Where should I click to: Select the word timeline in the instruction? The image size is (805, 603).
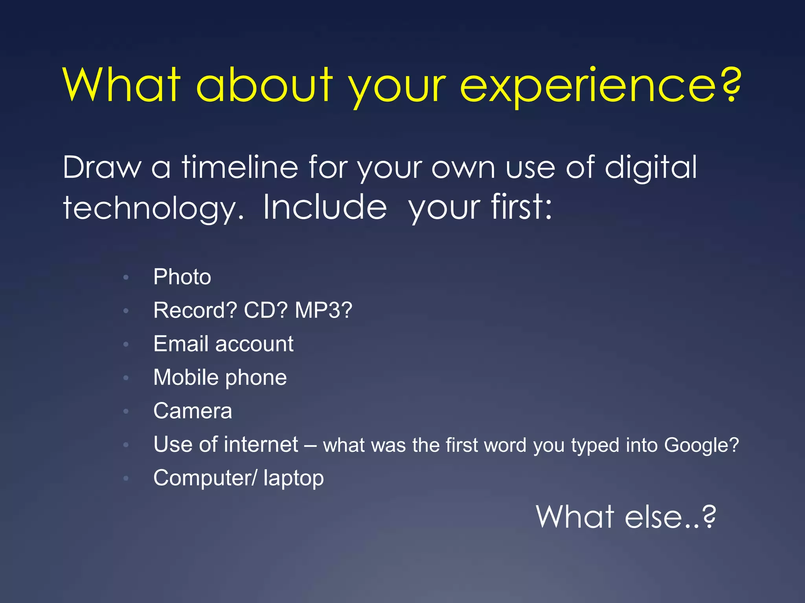(x=240, y=167)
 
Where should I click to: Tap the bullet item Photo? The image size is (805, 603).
(x=182, y=277)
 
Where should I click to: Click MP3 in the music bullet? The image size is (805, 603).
(x=319, y=310)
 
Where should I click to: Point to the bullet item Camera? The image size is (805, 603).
(x=193, y=411)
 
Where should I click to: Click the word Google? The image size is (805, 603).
(x=697, y=446)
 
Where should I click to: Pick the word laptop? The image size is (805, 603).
(x=294, y=479)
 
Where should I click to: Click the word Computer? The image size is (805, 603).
(x=202, y=479)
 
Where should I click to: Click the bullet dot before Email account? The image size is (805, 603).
(x=126, y=344)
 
